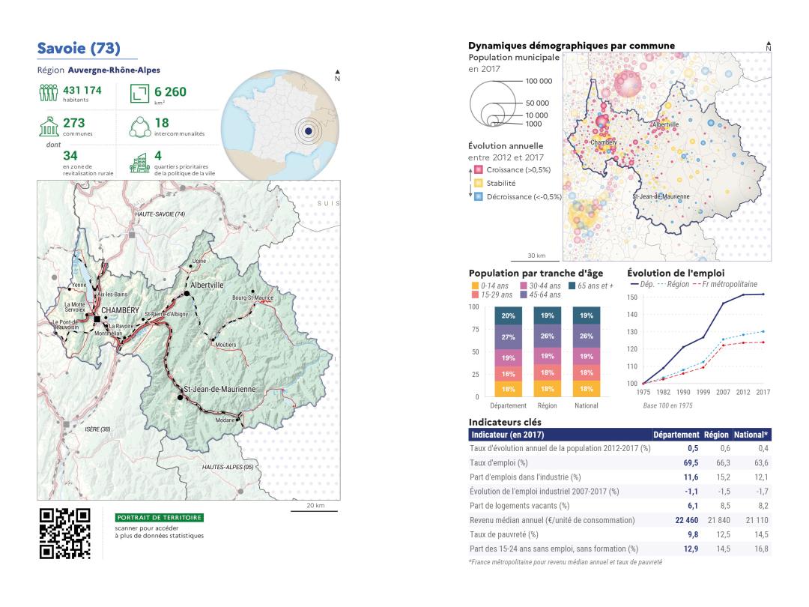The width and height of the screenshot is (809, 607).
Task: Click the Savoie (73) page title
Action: point(78,49)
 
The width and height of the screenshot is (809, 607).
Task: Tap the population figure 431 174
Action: point(82,91)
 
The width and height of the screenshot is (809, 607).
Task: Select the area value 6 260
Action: point(170,92)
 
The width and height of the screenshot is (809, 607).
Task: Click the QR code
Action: point(65,534)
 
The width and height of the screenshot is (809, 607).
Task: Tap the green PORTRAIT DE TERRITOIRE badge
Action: point(160,517)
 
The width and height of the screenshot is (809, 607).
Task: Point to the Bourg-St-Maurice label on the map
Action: point(252,298)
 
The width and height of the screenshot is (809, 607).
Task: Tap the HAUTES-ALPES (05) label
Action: point(228,467)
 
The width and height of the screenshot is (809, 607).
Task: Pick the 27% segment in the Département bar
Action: point(509,336)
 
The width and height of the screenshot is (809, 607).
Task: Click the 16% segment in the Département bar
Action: point(509,373)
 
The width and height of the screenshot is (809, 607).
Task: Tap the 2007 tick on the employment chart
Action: point(724,391)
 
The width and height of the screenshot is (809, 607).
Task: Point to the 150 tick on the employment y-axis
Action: point(631,298)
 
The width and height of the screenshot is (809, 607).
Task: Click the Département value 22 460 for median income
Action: point(678,520)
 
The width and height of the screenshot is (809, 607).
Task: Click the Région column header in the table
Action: point(716,434)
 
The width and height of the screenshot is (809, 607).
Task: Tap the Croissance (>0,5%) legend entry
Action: point(517,170)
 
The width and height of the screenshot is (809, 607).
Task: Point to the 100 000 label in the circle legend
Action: point(539,82)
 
